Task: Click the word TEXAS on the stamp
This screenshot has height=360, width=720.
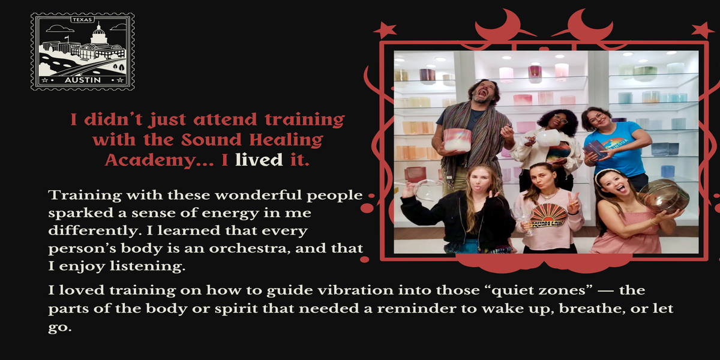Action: tap(82, 20)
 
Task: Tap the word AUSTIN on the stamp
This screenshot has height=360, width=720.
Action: tap(83, 80)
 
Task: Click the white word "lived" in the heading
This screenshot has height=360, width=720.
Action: tap(259, 160)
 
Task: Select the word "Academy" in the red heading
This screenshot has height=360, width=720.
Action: tap(150, 160)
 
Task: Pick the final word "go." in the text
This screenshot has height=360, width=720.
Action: tap(60, 328)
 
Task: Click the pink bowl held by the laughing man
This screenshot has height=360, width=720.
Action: tap(457, 140)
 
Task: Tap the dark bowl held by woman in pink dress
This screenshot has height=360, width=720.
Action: tap(664, 196)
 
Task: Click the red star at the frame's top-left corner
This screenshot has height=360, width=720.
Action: tap(385, 31)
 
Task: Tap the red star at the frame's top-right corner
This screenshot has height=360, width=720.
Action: tap(703, 31)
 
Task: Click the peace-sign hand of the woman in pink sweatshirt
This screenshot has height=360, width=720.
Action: tap(572, 203)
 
